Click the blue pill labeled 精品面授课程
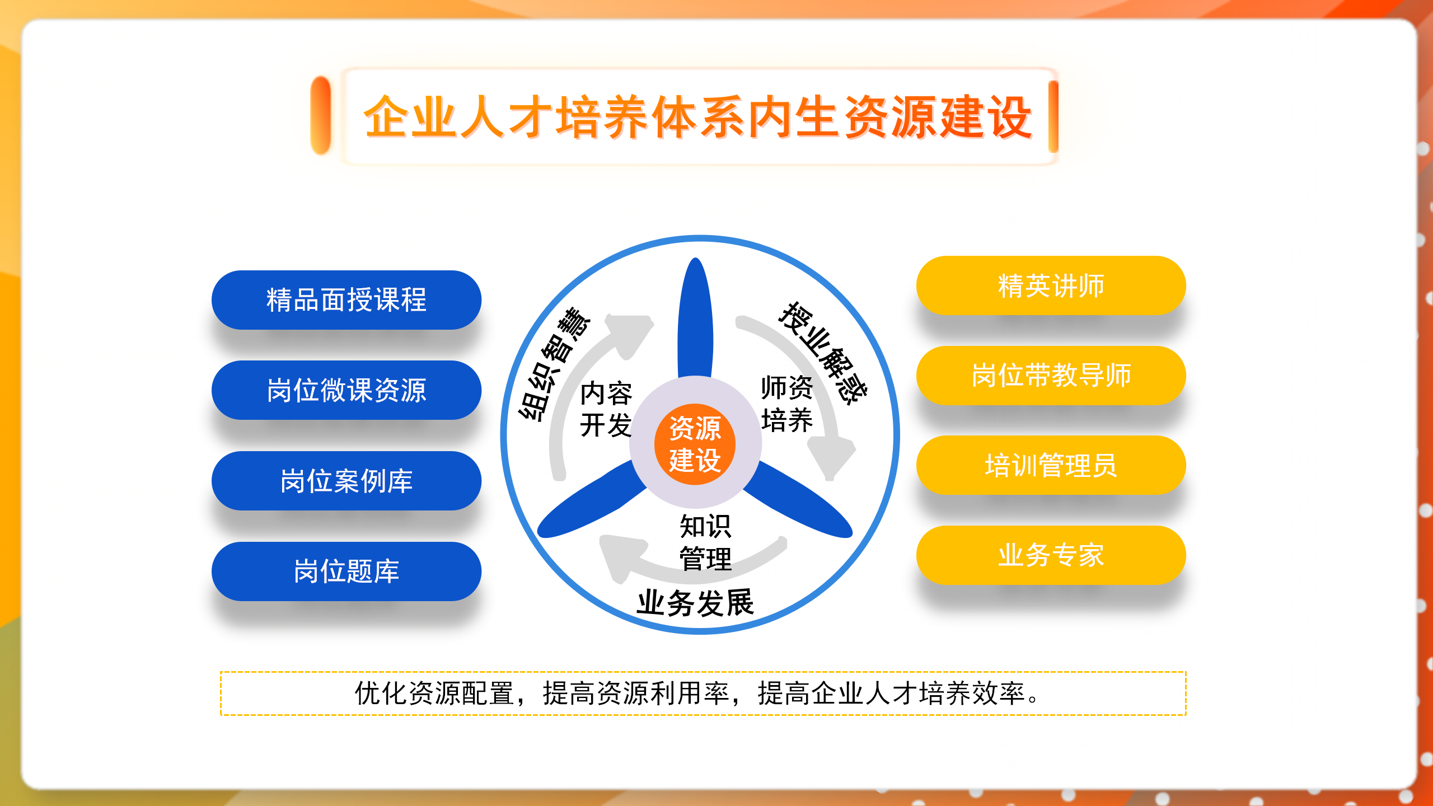pos(346,300)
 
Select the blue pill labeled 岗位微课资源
pos(346,390)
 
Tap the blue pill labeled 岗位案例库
pos(346,481)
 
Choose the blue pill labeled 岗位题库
pos(346,571)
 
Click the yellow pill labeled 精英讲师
pos(1051,285)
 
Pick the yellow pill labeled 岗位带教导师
pos(1051,375)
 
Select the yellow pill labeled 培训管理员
pos(1051,465)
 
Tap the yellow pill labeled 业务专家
pos(1051,555)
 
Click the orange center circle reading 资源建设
pos(695,444)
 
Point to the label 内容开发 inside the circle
pos(606,409)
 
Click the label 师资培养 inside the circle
pos(786,404)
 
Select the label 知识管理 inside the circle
pos(705,542)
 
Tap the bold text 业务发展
pos(695,603)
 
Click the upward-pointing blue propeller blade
pos(695,319)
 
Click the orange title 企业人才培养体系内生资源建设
pos(697,117)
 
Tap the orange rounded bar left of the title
pos(321,115)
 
